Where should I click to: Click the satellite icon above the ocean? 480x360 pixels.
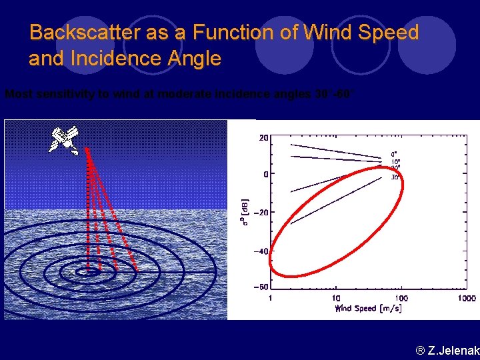[x=64, y=139]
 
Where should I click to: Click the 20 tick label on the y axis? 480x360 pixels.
[x=263, y=138]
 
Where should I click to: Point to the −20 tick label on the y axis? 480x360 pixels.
[x=259, y=213]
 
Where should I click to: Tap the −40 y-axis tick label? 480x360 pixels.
[x=259, y=251]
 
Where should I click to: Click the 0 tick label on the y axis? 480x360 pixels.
[x=265, y=174]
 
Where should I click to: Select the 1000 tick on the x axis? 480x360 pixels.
[x=466, y=298]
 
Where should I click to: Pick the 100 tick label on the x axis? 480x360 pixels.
[x=401, y=298]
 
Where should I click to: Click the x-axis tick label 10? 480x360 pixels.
[x=336, y=298]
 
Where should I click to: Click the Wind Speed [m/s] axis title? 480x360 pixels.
[x=368, y=308]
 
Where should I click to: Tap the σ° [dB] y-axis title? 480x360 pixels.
[x=245, y=212]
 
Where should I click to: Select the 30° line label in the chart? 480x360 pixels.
[x=395, y=177]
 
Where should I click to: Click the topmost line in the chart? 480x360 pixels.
[x=333, y=150]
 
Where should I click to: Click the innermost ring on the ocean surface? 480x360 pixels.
[x=87, y=271]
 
